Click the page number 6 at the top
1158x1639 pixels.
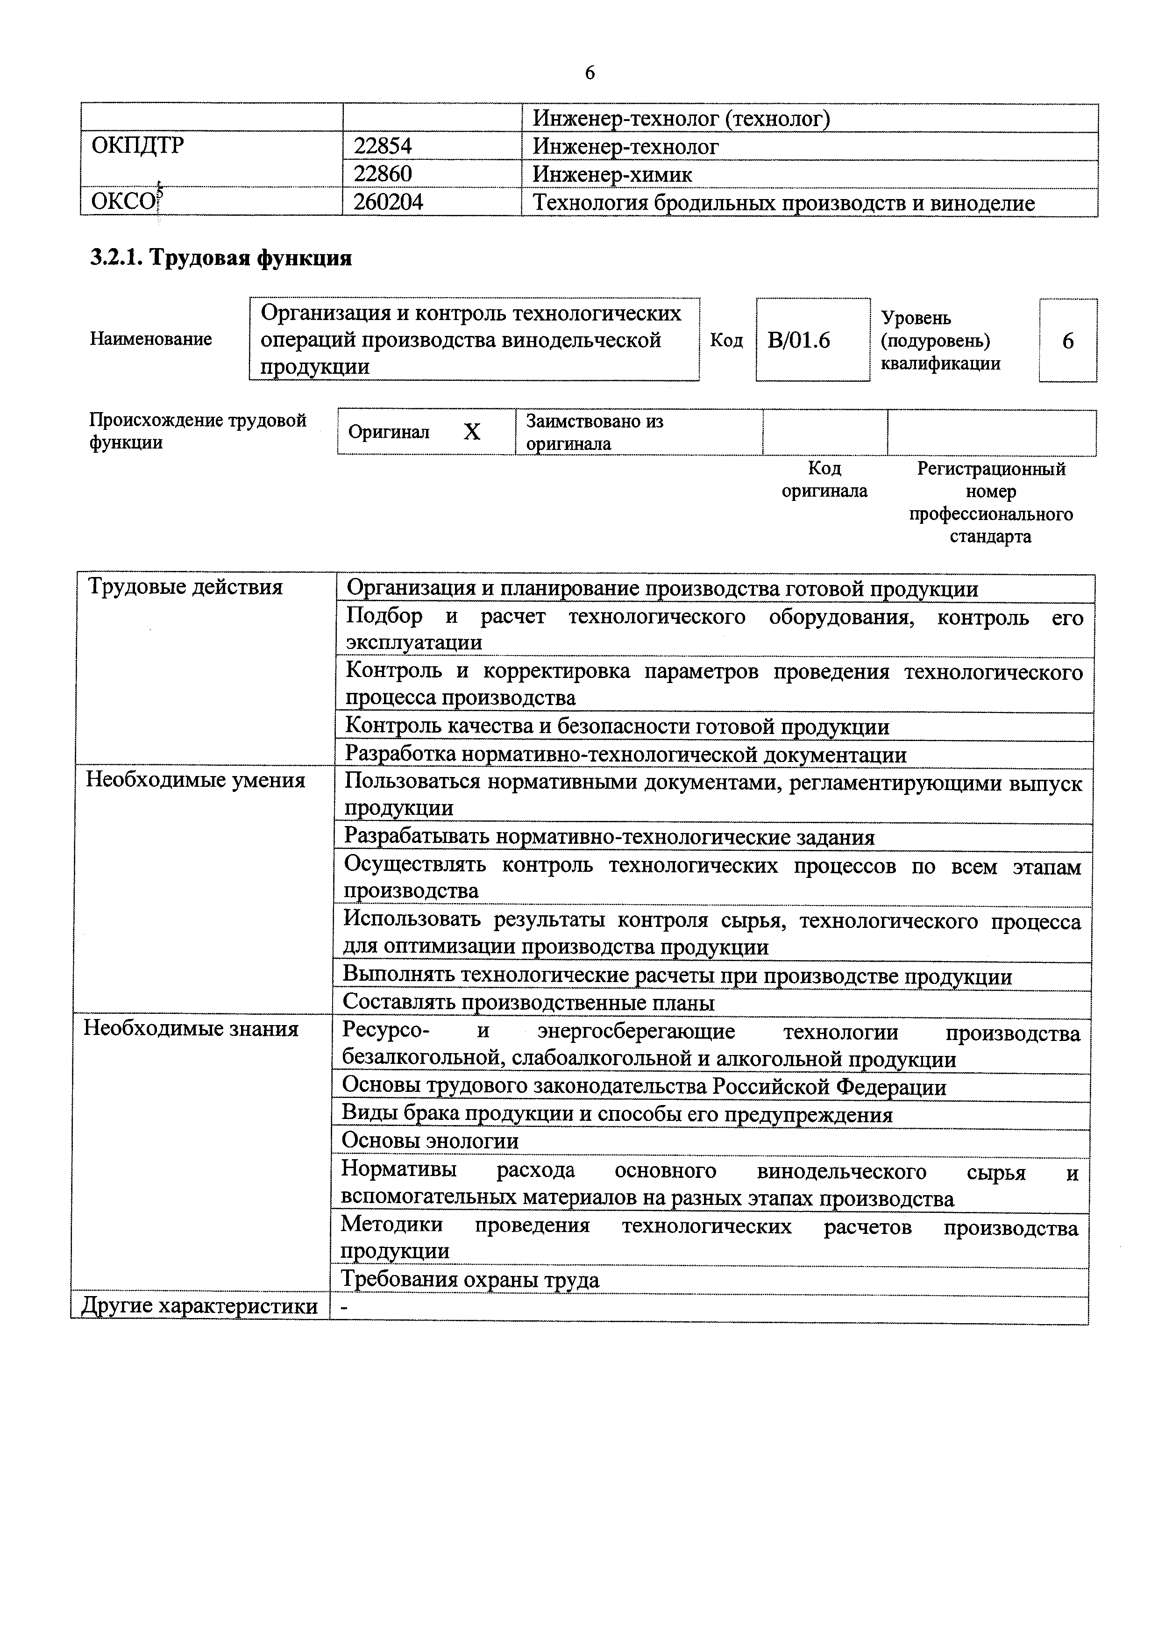[x=590, y=73]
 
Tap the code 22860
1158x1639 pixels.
[x=383, y=174]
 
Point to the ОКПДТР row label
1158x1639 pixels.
[x=138, y=146]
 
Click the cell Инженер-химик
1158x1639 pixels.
[x=612, y=174]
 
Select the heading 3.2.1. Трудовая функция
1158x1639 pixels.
[x=220, y=258]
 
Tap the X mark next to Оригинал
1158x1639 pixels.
[x=472, y=432]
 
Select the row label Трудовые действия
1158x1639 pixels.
[x=185, y=587]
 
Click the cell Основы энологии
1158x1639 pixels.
[x=430, y=1141]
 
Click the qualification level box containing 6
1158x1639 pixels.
[x=1067, y=341]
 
